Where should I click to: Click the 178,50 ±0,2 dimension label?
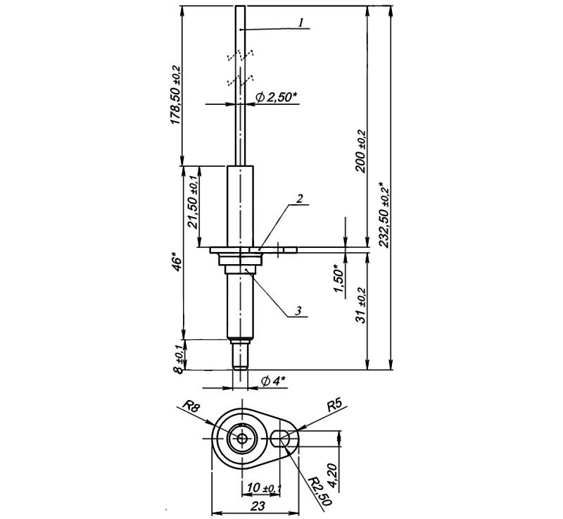pos(175,95)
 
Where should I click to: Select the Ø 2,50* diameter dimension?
pos(271,97)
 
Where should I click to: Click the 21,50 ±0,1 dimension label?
pos(192,202)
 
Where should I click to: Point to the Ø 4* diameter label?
pos(272,381)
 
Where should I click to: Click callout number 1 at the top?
pos(301,23)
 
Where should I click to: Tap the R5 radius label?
pos(334,406)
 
